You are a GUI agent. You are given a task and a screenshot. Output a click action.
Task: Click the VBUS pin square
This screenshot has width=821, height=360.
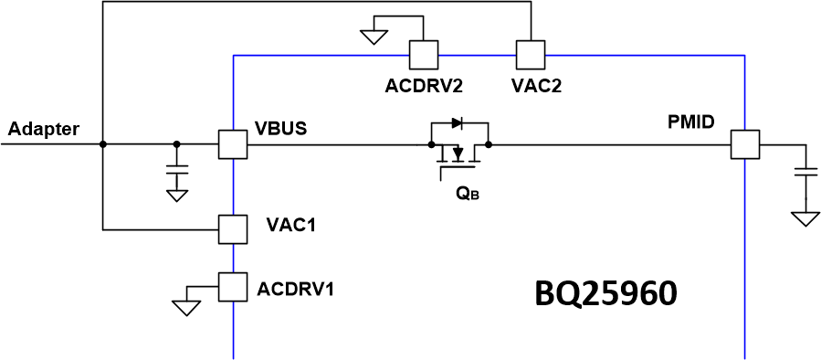[234, 144]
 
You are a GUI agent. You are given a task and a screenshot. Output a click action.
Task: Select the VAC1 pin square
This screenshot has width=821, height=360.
[234, 228]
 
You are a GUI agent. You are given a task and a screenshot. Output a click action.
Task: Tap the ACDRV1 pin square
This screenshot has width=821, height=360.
[234, 287]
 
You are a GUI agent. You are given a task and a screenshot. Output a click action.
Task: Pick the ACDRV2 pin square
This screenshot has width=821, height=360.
[424, 56]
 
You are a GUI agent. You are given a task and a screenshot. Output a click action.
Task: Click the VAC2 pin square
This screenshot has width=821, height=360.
[530, 56]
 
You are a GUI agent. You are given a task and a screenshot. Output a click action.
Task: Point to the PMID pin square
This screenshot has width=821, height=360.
[744, 144]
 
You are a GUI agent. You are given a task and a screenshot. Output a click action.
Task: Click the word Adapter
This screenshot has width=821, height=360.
[43, 129]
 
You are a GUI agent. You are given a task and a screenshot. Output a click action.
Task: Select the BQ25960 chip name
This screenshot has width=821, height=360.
[605, 294]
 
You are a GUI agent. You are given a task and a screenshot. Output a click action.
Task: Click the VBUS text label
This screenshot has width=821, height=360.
[281, 128]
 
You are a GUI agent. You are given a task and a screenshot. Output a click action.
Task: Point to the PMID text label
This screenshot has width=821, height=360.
[691, 122]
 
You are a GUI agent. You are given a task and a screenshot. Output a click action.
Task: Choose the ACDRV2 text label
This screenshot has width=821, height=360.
[424, 87]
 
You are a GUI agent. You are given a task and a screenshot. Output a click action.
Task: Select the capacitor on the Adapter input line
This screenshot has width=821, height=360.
[177, 171]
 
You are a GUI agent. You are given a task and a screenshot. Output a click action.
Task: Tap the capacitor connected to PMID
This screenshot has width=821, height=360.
[805, 173]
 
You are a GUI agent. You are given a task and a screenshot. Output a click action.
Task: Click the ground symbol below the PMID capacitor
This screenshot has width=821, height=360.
[805, 218]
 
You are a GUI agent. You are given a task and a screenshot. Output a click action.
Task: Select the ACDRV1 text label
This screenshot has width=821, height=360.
[295, 290]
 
